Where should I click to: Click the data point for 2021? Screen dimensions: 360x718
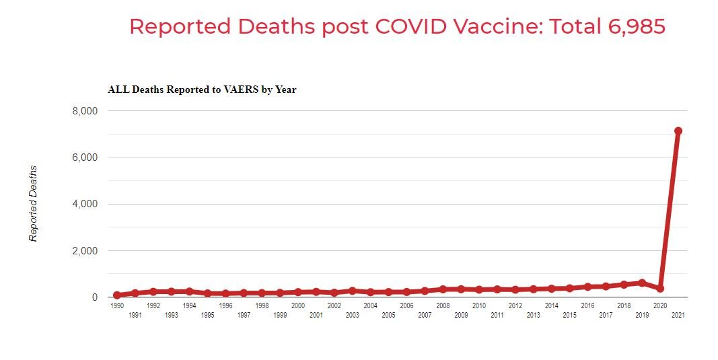[x=678, y=131]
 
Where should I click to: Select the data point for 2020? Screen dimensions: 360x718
[x=660, y=288]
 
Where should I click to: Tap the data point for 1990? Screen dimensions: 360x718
[x=117, y=295]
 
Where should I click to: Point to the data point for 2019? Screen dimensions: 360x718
[x=642, y=283]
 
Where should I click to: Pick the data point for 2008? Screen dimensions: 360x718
[x=443, y=289]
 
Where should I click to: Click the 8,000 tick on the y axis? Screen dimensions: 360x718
[x=85, y=111]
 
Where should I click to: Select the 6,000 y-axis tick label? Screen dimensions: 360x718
[x=85, y=157]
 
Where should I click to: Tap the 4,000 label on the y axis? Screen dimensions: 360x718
[x=85, y=204]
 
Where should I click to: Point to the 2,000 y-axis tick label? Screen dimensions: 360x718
[x=85, y=251]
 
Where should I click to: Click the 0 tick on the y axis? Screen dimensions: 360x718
[x=94, y=297]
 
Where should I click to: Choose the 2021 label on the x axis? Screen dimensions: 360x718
[x=678, y=315]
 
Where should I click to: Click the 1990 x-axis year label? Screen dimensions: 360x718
[x=117, y=305]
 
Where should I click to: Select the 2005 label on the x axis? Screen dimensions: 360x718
[x=388, y=315]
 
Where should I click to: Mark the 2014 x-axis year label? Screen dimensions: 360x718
[x=551, y=305]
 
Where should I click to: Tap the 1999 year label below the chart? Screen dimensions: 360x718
[x=280, y=315]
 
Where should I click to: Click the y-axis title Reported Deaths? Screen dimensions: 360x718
[x=33, y=203]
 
